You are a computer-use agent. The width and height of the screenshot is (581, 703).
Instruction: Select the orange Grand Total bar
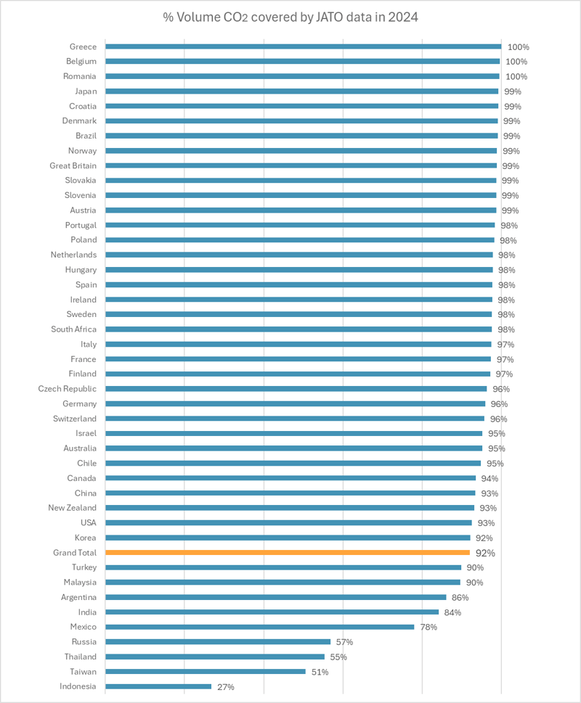[x=288, y=553]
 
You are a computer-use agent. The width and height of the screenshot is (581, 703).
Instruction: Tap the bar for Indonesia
[x=158, y=686]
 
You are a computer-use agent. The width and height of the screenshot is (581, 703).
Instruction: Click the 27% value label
[x=225, y=687]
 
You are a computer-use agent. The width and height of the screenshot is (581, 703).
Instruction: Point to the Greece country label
[x=84, y=46]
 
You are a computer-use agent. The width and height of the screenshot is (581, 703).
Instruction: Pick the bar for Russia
[x=218, y=642]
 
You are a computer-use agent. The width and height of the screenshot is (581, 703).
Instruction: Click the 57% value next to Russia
[x=344, y=642]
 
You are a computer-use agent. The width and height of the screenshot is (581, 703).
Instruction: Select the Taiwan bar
[x=206, y=672]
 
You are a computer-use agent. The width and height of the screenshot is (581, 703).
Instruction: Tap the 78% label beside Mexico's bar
[x=428, y=627]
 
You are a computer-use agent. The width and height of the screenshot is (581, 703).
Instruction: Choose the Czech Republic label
[x=68, y=389]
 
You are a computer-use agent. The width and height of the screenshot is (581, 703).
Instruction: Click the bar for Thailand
[x=215, y=657]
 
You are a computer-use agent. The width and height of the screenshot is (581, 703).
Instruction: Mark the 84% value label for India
[x=452, y=612]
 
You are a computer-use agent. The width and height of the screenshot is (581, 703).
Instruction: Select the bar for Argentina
[x=276, y=597]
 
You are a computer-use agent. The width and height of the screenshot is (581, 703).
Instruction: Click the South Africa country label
[x=73, y=329]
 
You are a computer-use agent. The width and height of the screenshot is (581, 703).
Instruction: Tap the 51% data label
[x=319, y=672]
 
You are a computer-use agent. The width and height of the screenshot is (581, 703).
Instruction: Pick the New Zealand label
[x=73, y=508]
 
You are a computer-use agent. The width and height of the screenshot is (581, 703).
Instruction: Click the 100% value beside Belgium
[x=517, y=62]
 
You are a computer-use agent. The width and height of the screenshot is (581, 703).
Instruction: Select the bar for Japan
[x=301, y=91]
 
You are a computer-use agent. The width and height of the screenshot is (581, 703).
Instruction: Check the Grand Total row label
[x=75, y=553]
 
